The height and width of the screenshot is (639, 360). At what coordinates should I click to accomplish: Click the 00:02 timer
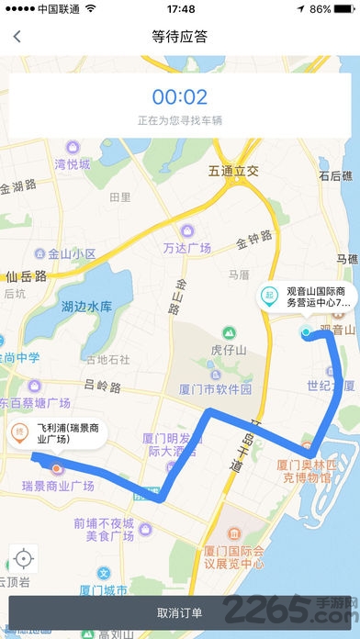tap(180, 96)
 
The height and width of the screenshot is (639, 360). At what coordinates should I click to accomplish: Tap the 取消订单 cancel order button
tap(180, 612)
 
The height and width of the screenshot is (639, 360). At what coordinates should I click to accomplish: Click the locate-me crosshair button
tap(24, 557)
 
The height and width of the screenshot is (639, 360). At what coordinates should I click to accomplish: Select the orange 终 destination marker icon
tap(18, 433)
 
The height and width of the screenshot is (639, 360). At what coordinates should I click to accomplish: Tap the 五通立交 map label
tap(234, 171)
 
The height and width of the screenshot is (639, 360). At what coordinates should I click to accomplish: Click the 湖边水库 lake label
tap(85, 306)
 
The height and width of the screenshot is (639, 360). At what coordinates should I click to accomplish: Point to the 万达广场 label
tap(187, 248)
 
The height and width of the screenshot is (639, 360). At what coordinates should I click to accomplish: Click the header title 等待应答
tap(180, 38)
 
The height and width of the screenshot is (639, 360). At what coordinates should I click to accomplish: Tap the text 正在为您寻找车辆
tap(180, 120)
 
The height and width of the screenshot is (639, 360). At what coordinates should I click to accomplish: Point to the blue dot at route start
tap(306, 332)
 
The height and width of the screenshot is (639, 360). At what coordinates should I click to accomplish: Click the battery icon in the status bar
tap(344, 8)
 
